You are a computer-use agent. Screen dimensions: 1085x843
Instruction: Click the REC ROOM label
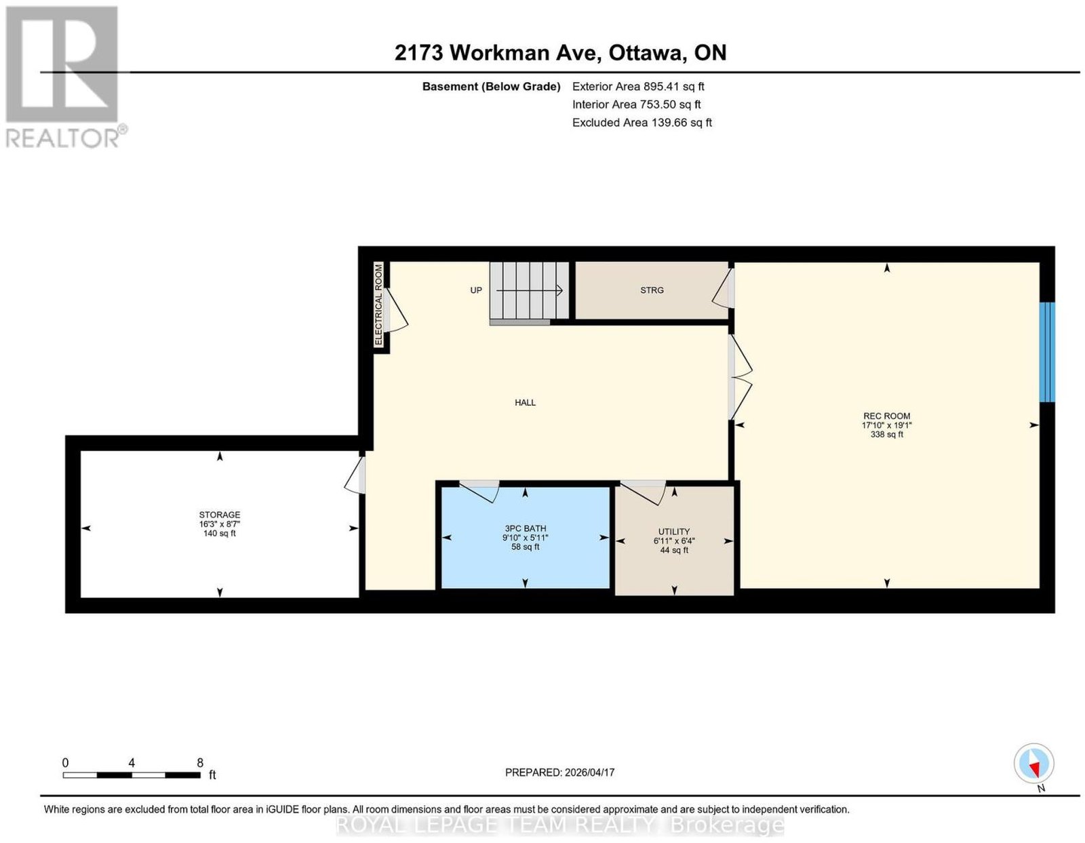[x=886, y=416]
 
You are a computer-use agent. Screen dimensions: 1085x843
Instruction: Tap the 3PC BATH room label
[x=525, y=528]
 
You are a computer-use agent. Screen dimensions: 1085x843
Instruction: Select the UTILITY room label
[x=673, y=532]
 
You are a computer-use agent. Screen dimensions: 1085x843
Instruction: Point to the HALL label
[x=525, y=402]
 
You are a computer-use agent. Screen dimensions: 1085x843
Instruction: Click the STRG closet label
[x=652, y=290]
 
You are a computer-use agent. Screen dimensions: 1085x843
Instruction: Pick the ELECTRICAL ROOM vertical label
[x=378, y=305]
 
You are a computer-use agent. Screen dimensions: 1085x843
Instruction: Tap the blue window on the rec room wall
[x=1047, y=352]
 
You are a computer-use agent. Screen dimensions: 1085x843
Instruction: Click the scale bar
[x=132, y=775]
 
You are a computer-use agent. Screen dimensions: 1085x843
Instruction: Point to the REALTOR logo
[x=64, y=77]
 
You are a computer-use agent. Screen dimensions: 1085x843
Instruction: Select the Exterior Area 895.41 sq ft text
[x=638, y=86]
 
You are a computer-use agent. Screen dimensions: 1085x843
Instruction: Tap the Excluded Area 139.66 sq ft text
[x=642, y=122]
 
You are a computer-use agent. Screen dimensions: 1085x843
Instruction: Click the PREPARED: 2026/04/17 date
[x=559, y=772]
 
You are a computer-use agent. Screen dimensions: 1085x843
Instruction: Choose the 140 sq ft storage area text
[x=219, y=533]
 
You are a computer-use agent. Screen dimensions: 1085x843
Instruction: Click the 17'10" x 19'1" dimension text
[x=886, y=425]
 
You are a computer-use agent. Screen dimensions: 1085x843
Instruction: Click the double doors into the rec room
[x=740, y=377]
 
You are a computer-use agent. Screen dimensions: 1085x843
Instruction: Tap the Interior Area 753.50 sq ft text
[x=637, y=104]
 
